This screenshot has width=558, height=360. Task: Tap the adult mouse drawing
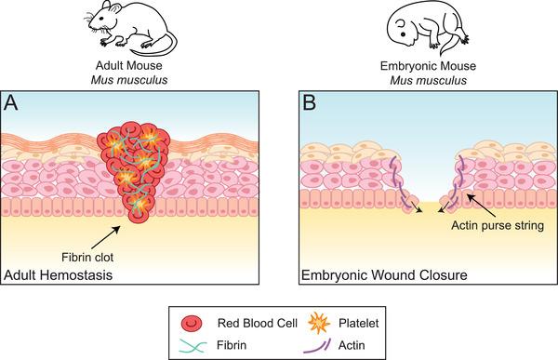[x=135, y=28]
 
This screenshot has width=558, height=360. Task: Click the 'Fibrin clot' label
[x=93, y=249]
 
